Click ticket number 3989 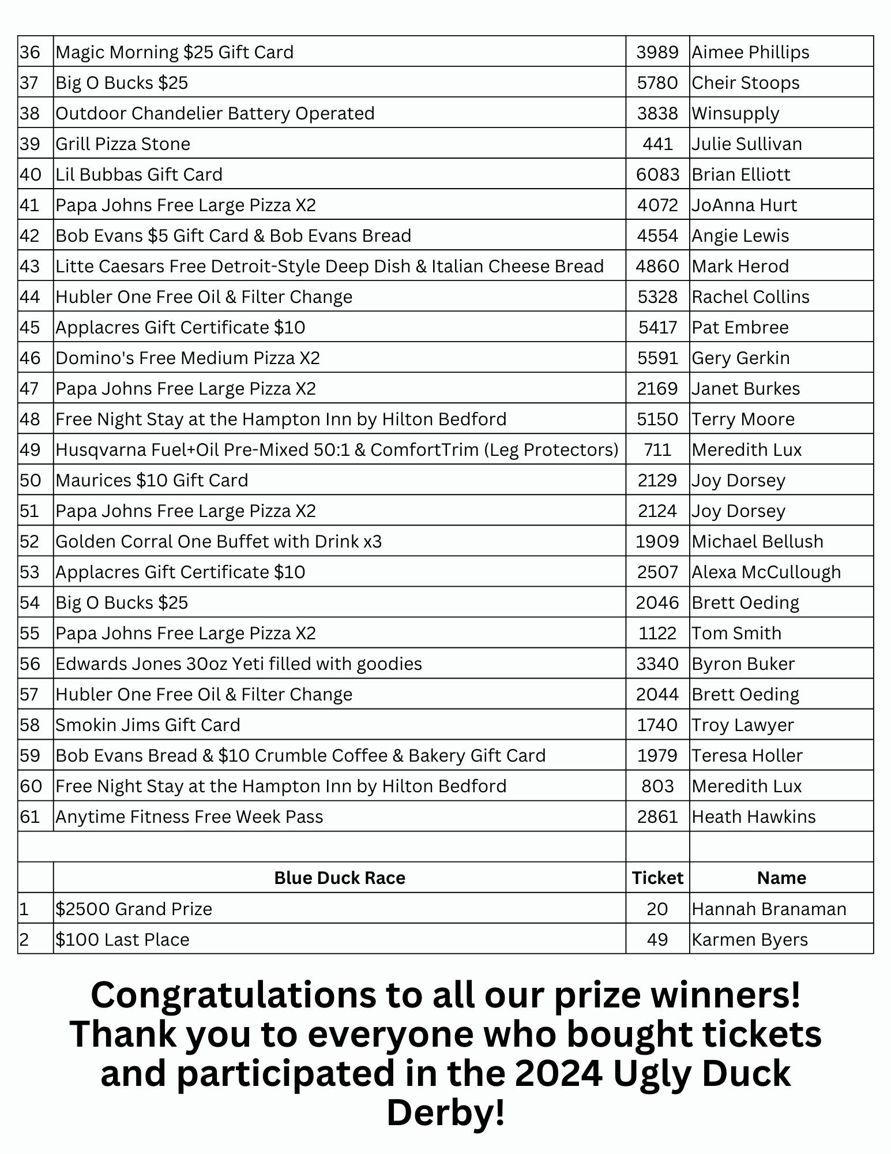pyautogui.click(x=657, y=52)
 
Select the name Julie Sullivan pyautogui.click(x=746, y=144)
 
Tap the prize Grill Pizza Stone pyautogui.click(x=123, y=144)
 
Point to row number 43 pyautogui.click(x=30, y=266)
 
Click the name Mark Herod pyautogui.click(x=740, y=266)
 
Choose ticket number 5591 pyautogui.click(x=657, y=358)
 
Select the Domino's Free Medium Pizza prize pyautogui.click(x=187, y=358)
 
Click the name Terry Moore pyautogui.click(x=743, y=419)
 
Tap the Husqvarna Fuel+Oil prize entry pyautogui.click(x=337, y=449)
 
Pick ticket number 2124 pyautogui.click(x=657, y=511)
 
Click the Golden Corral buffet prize pyautogui.click(x=219, y=541)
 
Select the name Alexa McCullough pyautogui.click(x=766, y=572)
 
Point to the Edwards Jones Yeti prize pyautogui.click(x=239, y=664)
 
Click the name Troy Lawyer pyautogui.click(x=742, y=725)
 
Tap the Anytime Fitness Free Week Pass pyautogui.click(x=189, y=816)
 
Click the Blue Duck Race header pyautogui.click(x=340, y=878)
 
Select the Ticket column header pyautogui.click(x=657, y=878)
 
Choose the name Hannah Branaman pyautogui.click(x=769, y=909)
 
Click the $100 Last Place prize pyautogui.click(x=122, y=939)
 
